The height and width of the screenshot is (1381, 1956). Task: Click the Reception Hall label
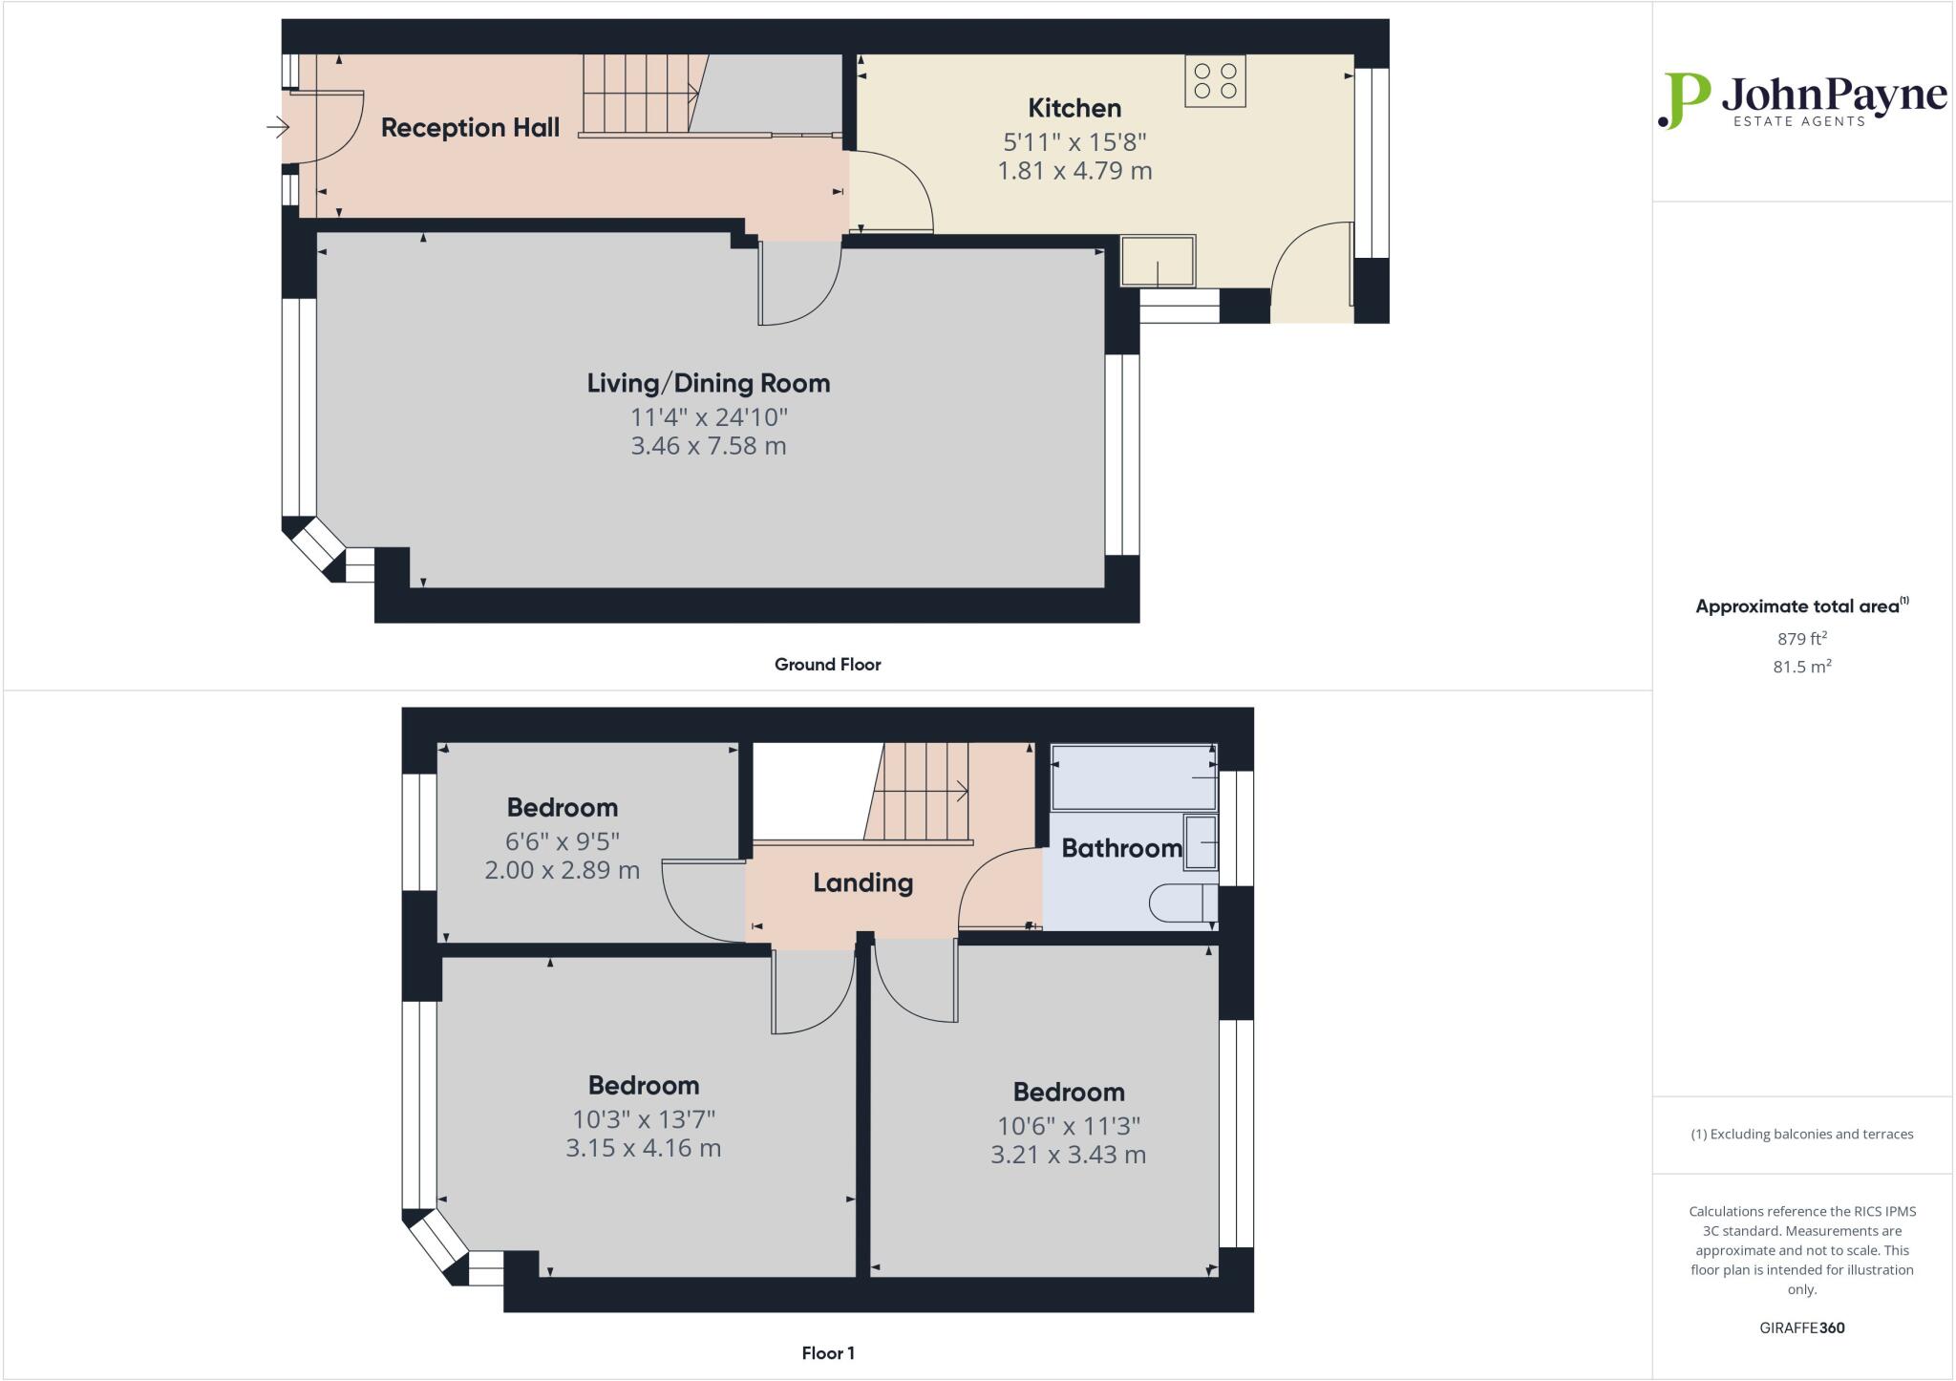point(470,128)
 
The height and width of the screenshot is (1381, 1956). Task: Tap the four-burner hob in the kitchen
point(1215,81)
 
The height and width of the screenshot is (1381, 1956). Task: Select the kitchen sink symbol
point(1158,262)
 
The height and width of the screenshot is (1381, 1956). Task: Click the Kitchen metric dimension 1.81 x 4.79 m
point(1074,171)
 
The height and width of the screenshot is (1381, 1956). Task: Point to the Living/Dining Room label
point(708,384)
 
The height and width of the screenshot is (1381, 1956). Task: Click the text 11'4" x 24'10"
point(708,417)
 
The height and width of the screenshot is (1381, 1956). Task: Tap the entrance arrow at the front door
point(277,127)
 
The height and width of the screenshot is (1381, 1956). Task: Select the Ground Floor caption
point(827,665)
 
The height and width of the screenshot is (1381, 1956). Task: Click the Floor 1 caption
point(827,1353)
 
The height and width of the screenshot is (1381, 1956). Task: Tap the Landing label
point(862,882)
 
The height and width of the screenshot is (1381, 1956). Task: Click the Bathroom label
point(1121,848)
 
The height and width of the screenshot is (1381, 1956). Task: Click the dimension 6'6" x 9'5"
point(562,841)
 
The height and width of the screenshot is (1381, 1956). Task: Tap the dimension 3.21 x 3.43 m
point(1068,1155)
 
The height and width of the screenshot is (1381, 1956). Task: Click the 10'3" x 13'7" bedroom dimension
point(643,1118)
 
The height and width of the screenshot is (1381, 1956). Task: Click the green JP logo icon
point(1685,100)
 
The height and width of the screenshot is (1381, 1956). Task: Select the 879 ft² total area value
point(1801,639)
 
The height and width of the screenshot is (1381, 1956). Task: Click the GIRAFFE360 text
point(1801,1328)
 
